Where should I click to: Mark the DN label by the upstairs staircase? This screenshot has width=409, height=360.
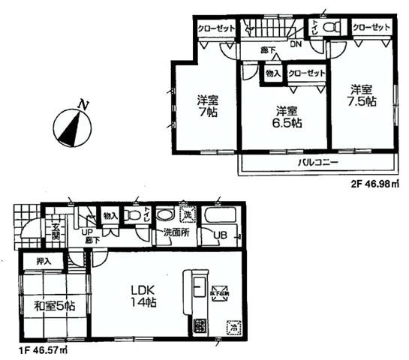[296, 44]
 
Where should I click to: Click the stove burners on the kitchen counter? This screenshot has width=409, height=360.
[200, 326]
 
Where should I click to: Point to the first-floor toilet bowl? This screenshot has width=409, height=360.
[136, 216]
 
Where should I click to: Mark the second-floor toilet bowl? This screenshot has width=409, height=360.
[335, 28]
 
